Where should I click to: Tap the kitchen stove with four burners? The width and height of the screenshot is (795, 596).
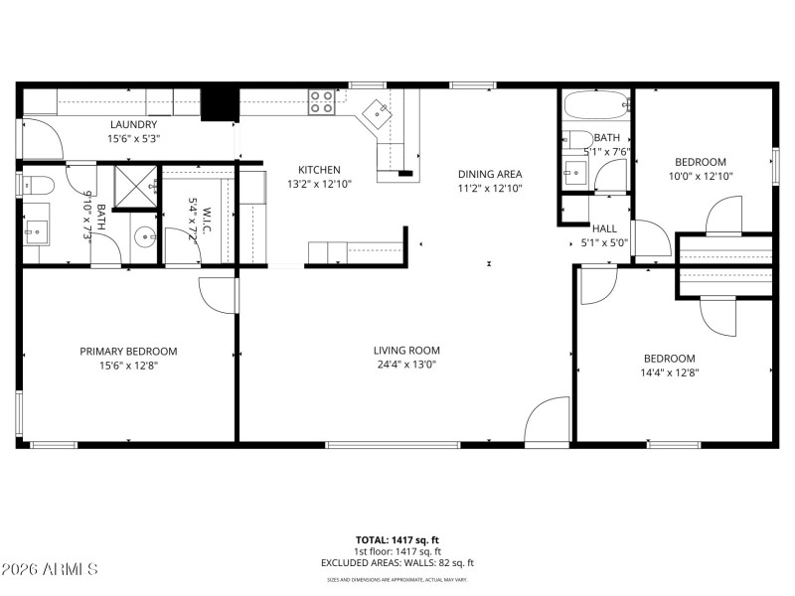[x=322, y=102]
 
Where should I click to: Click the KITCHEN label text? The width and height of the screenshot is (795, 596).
[x=313, y=170]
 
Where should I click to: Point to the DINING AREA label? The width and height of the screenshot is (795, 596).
[x=490, y=174]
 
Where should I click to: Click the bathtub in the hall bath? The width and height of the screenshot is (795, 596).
[x=594, y=103]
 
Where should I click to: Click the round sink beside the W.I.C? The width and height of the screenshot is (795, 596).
[x=145, y=236]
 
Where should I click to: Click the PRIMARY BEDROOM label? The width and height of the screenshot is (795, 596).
[x=128, y=351]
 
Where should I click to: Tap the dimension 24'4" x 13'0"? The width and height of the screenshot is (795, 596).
[x=406, y=365]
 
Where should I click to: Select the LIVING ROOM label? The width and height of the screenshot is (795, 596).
[x=406, y=350]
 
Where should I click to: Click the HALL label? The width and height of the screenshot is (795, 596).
[x=604, y=228]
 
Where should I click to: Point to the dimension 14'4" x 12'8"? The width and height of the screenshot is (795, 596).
[x=669, y=373]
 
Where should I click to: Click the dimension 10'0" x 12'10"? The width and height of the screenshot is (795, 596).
[x=701, y=176]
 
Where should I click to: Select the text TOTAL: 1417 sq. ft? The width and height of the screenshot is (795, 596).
[x=397, y=539]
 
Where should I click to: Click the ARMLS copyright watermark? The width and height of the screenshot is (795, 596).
[x=50, y=569]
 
